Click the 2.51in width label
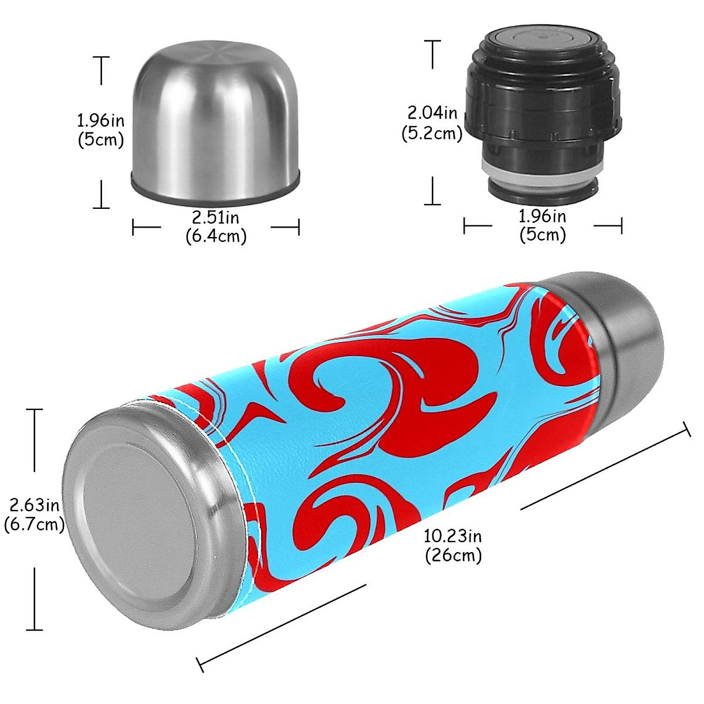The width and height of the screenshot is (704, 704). click(x=216, y=218)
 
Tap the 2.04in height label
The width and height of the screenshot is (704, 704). click(x=432, y=112)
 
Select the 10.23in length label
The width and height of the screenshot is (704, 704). click(x=452, y=536)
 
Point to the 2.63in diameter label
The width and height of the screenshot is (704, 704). click(x=34, y=505)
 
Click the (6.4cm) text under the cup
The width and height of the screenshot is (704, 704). click(x=216, y=236)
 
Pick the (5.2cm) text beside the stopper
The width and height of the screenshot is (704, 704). click(x=432, y=133)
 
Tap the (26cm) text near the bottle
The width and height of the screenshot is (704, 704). click(x=453, y=555)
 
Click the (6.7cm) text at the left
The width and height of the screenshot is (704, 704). click(x=34, y=524)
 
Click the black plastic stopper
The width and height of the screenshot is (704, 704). click(x=543, y=111)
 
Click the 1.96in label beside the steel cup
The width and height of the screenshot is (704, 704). click(x=101, y=121)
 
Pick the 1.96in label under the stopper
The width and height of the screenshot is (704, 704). click(x=543, y=216)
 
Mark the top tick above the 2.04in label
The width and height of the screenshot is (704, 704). click(x=433, y=41)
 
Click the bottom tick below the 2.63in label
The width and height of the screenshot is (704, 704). click(x=35, y=629)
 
